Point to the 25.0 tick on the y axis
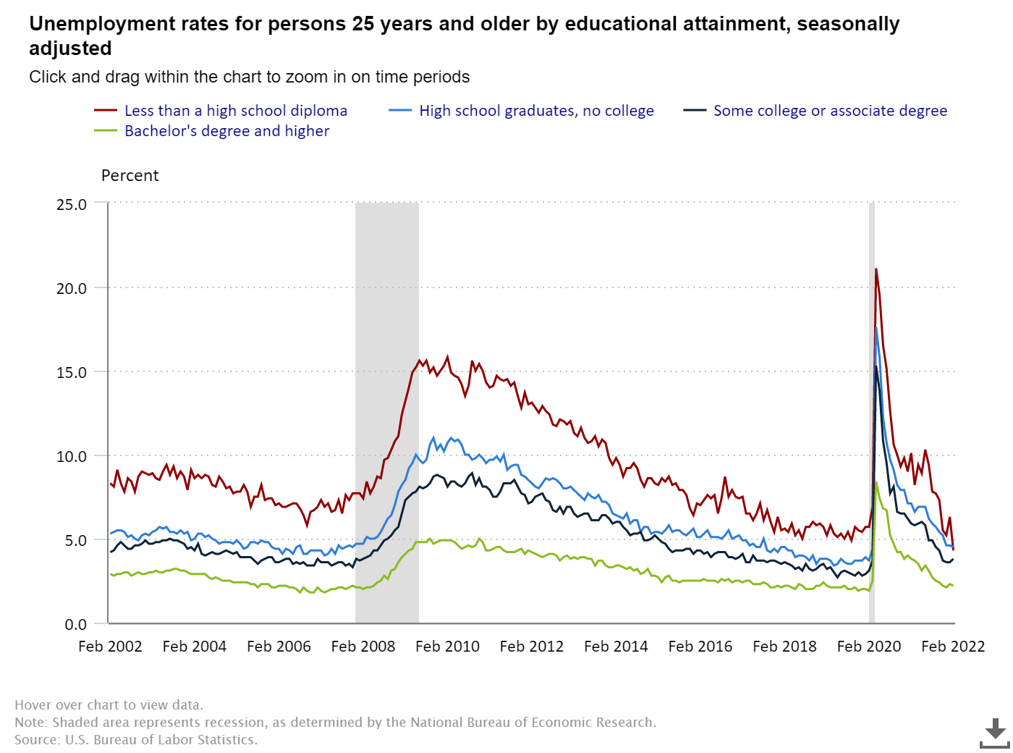72,204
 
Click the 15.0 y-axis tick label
72,372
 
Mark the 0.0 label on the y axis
76,624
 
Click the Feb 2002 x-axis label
110,647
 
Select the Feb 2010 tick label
447,647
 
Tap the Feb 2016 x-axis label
700,647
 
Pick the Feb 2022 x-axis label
952,647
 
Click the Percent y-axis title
130,176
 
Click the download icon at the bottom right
995,733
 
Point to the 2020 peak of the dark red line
876,270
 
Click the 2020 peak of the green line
876,483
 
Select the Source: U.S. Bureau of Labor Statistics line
136,740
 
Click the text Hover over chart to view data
109,705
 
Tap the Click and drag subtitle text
249,77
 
